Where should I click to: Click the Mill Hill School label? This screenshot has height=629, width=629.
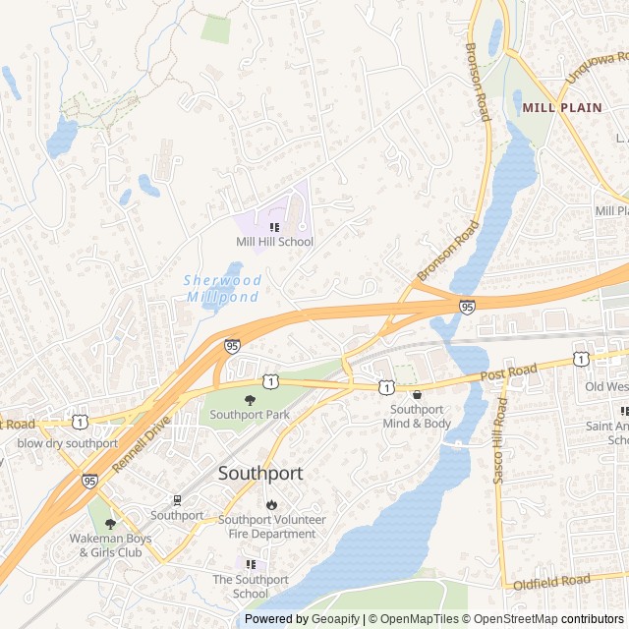point(274,242)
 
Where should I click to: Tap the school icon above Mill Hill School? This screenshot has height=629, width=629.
point(274,227)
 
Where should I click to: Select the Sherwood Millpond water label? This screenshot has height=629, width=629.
point(223,288)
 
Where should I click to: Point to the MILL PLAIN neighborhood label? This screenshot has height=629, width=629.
point(562,107)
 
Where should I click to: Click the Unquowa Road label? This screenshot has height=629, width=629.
point(596,69)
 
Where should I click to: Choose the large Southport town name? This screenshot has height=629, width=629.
point(260,473)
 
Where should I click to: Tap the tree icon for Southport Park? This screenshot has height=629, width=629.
point(250,400)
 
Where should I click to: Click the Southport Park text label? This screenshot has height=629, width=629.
point(250,415)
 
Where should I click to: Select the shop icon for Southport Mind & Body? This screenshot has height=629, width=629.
point(417,394)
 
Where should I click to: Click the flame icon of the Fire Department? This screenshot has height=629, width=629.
point(271,504)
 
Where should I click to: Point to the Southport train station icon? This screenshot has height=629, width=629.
point(177,500)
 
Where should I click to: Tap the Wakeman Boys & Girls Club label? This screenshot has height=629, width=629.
point(110,545)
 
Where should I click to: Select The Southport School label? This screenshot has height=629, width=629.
point(251,587)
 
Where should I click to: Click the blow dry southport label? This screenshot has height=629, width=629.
point(67,443)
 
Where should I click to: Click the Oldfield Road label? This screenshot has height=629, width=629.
point(551,582)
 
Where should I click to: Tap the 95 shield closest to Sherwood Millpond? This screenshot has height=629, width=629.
point(232,346)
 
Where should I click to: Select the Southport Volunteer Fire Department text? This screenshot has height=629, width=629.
point(271,527)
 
